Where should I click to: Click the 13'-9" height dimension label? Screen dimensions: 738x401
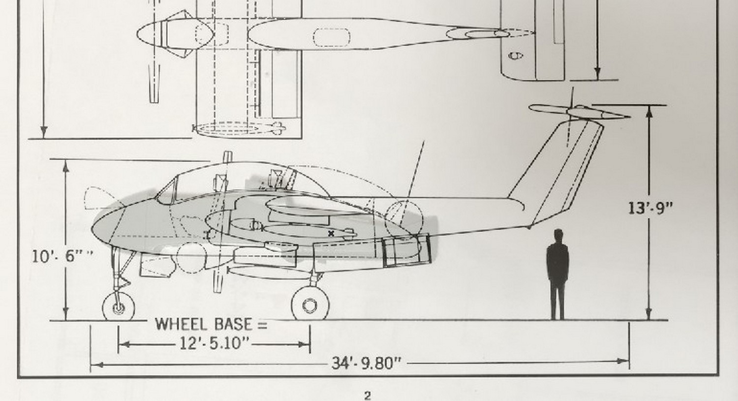(x=651, y=208)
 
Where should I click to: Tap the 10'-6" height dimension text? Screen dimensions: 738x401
(x=62, y=256)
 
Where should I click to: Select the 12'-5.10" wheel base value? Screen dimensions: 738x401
(x=214, y=343)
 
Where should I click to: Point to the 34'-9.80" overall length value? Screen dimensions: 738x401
(x=367, y=363)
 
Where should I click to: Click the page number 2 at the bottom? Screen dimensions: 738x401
(x=368, y=396)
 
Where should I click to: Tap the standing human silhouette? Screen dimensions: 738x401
(x=557, y=274)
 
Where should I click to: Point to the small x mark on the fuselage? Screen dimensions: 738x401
(x=331, y=234)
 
